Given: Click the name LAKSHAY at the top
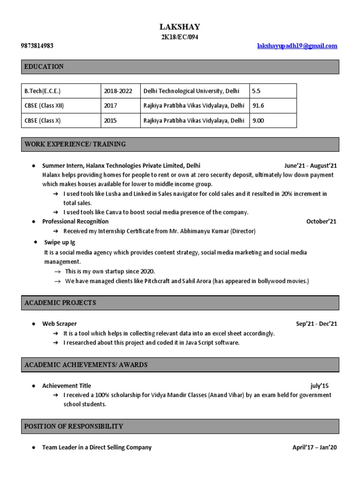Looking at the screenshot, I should pos(180,27).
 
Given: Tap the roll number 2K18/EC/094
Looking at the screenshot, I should pos(180,37).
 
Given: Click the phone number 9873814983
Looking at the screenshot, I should pos(37,46).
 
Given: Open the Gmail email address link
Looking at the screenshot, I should pos(298,46).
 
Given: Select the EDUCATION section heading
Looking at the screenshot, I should pos(44,67).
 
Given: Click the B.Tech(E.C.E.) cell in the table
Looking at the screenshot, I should pos(43,91).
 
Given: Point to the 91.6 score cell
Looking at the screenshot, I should pos(258,106).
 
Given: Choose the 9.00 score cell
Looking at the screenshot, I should pos(258,120).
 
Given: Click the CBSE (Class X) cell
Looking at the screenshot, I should pos(43,120).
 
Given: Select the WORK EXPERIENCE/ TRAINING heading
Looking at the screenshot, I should pos(75,144).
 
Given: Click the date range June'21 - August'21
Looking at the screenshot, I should pos(310,166).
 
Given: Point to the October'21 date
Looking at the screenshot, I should pos(321,222).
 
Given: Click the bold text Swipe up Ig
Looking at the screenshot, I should pos(59,242).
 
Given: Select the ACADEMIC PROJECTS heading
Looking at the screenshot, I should pos(60,303).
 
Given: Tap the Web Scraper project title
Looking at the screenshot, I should pos(60,324).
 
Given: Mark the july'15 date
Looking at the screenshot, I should pos(320,386).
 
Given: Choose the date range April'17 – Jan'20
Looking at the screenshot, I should pos(315,448).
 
